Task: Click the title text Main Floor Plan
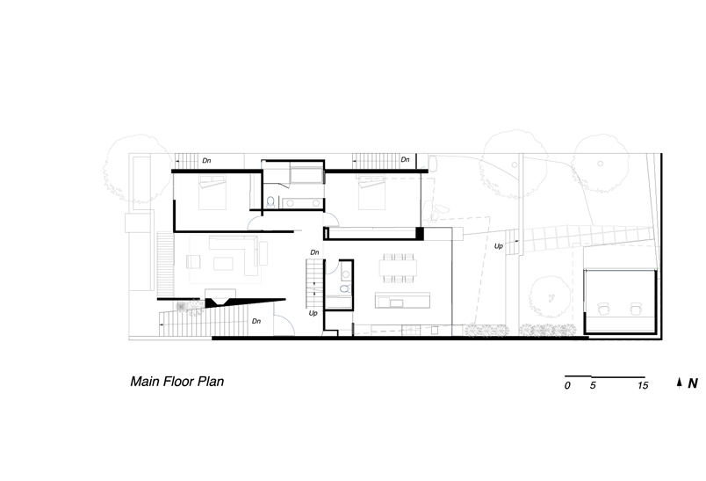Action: (177, 382)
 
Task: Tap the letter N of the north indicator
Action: (693, 383)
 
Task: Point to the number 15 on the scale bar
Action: (643, 385)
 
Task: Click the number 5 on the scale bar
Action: (593, 385)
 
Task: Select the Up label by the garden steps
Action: (499, 246)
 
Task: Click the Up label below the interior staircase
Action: (313, 313)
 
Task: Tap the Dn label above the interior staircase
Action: (314, 252)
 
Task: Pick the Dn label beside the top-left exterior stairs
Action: (206, 161)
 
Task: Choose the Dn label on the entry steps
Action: (256, 321)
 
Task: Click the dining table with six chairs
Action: (398, 268)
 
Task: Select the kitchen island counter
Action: (402, 300)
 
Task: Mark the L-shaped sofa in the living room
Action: (235, 255)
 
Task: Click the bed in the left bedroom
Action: (213, 193)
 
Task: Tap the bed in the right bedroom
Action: (371, 193)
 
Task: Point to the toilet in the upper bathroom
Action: (270, 202)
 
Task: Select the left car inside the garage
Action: (604, 309)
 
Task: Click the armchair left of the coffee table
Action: (193, 262)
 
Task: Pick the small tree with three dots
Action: (550, 297)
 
